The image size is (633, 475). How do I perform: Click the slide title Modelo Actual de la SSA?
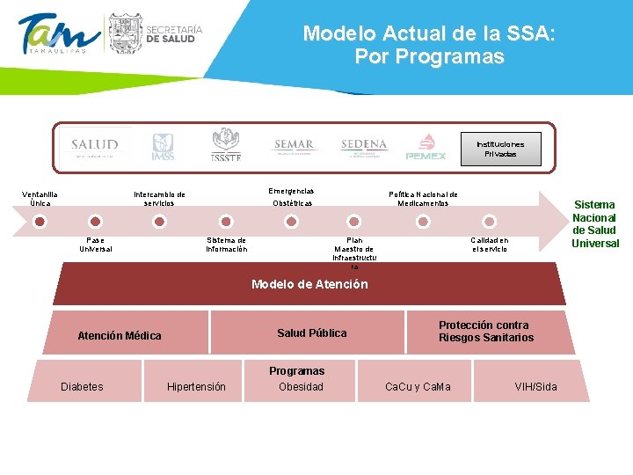tap(429, 46)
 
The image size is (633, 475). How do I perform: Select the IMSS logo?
tap(164, 146)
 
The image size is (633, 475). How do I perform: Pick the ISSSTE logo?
tap(226, 145)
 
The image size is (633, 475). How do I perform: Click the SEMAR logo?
tap(293, 146)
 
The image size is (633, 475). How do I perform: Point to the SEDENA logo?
tap(363, 146)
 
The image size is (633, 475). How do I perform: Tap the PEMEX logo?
tap(426, 147)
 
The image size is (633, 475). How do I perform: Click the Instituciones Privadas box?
tap(500, 149)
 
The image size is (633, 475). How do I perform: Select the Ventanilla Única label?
tap(40, 199)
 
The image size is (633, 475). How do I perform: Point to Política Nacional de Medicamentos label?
tap(423, 199)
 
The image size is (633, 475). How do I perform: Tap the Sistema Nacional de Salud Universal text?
tap(595, 223)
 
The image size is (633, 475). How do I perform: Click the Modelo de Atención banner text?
tap(309, 284)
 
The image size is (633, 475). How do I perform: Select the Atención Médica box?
tap(120, 335)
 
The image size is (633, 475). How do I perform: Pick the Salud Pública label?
tap(311, 332)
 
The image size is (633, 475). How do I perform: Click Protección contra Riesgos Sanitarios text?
tap(486, 332)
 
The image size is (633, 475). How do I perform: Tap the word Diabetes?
tap(82, 386)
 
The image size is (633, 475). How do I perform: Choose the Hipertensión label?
tap(196, 386)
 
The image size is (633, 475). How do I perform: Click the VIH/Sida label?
tap(535, 386)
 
